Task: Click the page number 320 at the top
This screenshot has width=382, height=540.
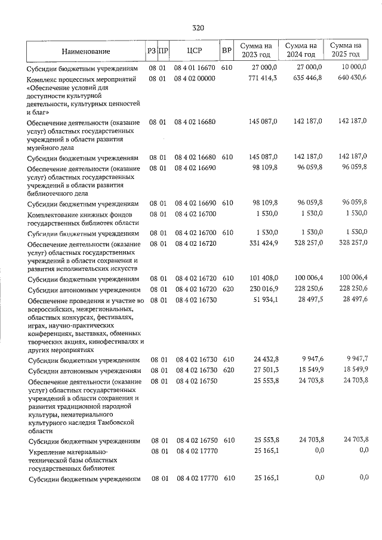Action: tap(199, 27)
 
